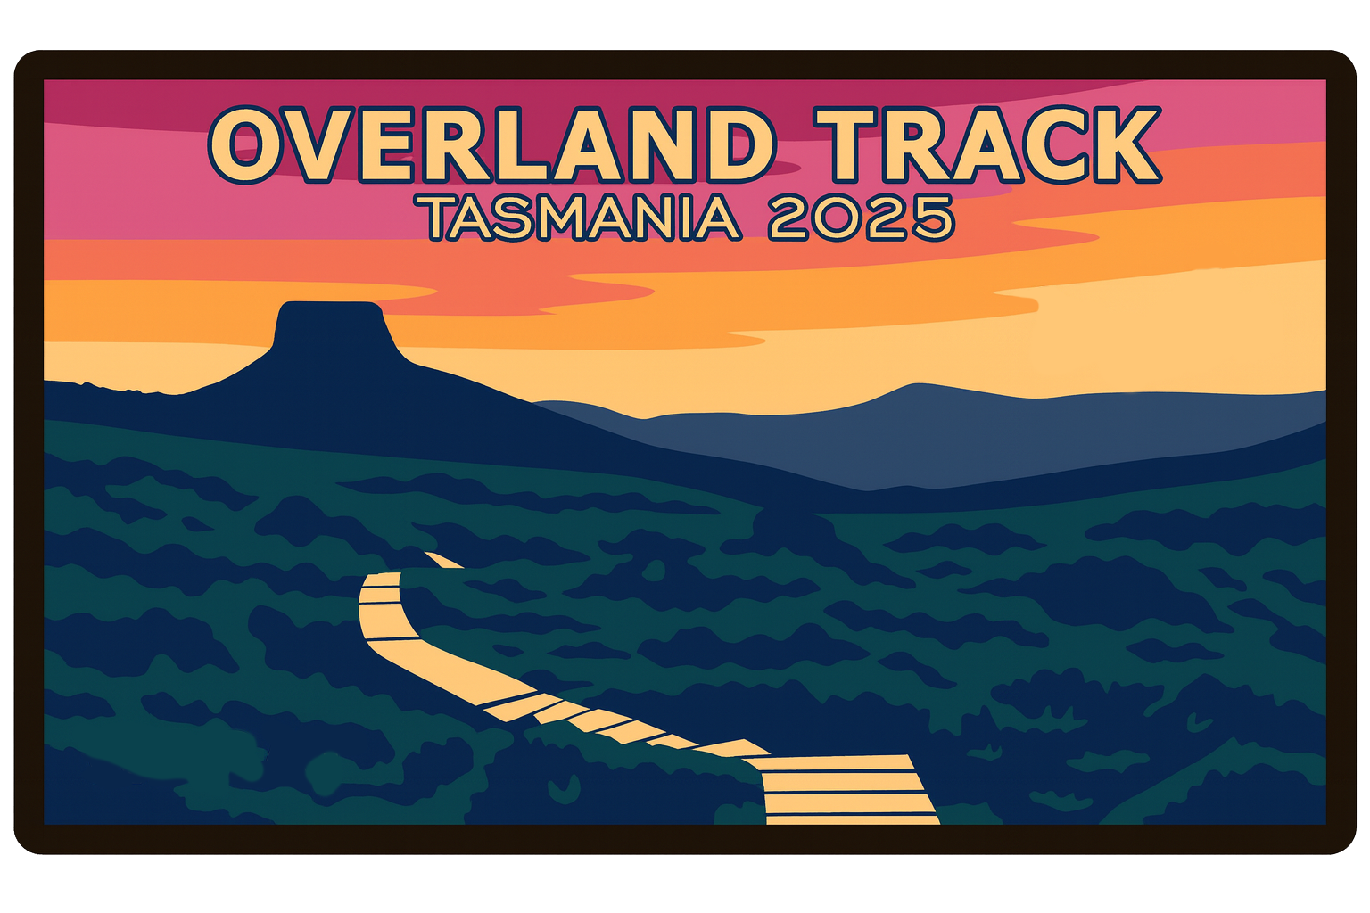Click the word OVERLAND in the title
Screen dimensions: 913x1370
click(x=491, y=145)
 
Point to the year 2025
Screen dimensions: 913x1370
click(x=861, y=218)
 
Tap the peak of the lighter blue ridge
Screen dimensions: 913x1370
click(x=914, y=389)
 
